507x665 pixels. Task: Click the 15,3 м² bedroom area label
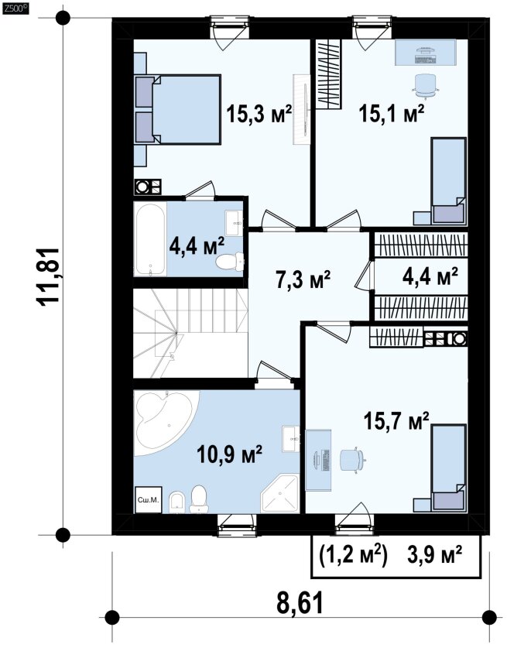point(259,114)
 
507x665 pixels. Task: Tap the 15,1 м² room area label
point(391,113)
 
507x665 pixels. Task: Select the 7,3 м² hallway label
point(303,280)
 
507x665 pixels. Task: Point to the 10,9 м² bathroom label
point(229,454)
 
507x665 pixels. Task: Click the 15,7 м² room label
point(396,421)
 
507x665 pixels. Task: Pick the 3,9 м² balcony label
point(434,555)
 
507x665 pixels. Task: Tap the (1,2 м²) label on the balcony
point(353,555)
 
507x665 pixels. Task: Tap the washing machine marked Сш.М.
point(148,500)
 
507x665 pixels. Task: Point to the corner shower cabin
point(279,494)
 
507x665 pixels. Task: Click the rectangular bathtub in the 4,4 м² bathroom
point(149,238)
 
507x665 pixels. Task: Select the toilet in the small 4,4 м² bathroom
point(230,262)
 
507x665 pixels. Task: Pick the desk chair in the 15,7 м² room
point(353,459)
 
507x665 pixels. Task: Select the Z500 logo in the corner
point(15,7)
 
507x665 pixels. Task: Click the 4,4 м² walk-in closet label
point(430,276)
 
